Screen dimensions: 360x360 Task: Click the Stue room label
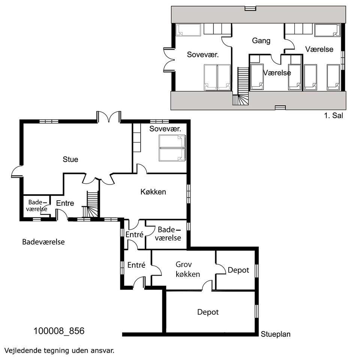[x=70, y=159]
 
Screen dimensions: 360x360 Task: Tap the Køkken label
[x=153, y=192]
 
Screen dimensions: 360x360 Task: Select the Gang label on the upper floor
[x=261, y=40]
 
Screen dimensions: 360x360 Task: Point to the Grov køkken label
[x=187, y=269]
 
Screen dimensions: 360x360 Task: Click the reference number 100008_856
[x=59, y=331]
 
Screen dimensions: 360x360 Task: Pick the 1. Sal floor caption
[x=333, y=115]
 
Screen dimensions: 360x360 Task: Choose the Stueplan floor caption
[x=276, y=334]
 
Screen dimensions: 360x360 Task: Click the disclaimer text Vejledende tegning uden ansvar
[x=59, y=351]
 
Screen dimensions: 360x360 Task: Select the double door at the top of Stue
[x=109, y=117]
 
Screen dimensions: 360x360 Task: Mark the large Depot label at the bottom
[x=208, y=312]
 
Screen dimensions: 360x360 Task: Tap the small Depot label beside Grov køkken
[x=238, y=270]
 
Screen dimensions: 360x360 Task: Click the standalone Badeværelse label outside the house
[x=43, y=242]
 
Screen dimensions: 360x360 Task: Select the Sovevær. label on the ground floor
[x=165, y=129]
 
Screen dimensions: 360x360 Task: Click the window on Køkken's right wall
[x=189, y=194]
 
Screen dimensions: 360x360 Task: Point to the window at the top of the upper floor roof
[x=250, y=9]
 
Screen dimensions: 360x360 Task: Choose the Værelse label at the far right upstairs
[x=319, y=49]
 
